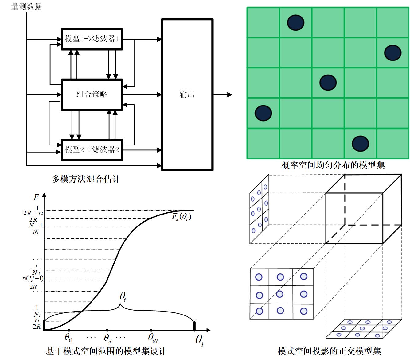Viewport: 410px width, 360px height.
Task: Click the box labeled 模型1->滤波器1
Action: coord(92,39)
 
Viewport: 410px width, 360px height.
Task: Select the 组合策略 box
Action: coord(92,94)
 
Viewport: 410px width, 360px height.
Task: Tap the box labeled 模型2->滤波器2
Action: coord(92,150)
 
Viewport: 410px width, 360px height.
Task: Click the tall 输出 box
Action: coord(187,94)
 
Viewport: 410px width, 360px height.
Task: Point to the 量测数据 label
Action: coord(26,6)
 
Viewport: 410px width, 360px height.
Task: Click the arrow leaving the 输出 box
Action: coord(223,95)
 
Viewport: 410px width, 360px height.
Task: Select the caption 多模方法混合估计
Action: coord(86,179)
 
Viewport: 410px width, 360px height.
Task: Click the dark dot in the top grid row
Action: coord(295,22)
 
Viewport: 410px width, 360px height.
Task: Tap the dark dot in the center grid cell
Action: coord(328,83)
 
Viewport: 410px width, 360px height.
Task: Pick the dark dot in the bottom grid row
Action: coord(360,143)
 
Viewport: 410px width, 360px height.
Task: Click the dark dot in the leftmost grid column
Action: coord(263,113)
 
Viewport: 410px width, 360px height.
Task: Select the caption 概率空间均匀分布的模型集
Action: coord(333,165)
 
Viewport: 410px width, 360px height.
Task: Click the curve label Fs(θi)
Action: coord(181,217)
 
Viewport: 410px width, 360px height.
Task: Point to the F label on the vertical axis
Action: coord(36,197)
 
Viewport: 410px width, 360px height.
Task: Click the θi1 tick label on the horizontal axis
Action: coord(69,337)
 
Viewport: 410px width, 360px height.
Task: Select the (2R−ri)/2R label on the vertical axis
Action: coord(33,216)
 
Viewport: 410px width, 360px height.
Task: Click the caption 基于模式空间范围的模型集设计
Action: coord(106,351)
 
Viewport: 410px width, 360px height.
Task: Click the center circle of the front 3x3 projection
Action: coord(280,294)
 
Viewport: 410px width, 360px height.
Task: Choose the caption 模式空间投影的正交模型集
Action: coord(329,351)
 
